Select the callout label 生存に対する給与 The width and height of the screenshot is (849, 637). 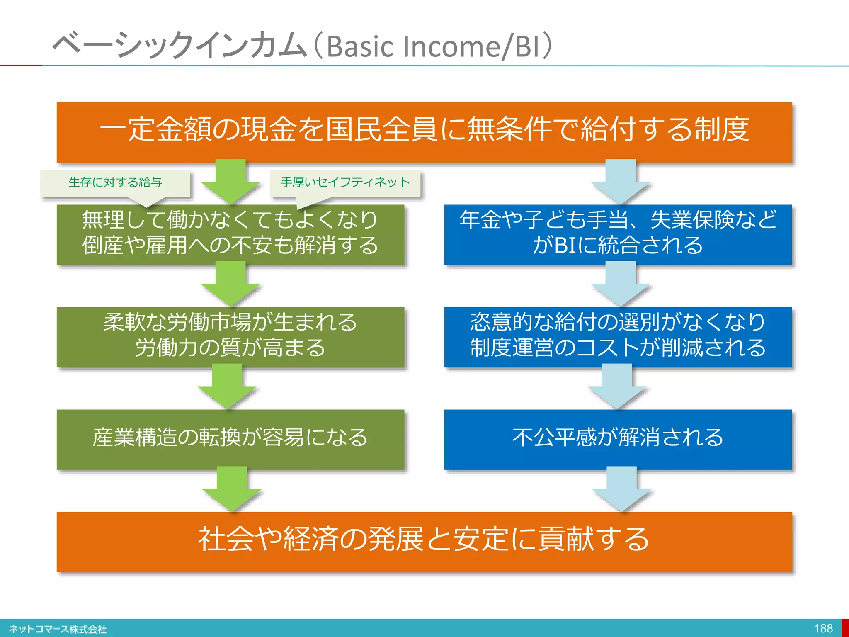point(115,182)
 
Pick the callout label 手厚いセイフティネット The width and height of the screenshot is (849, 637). point(345,182)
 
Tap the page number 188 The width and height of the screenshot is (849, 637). point(823,629)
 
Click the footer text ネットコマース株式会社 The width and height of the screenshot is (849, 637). point(58,629)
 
